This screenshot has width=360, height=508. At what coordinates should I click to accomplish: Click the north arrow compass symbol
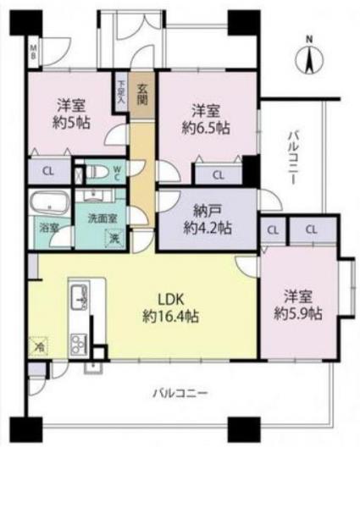309,57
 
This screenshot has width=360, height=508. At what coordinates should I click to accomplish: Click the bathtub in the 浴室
48,204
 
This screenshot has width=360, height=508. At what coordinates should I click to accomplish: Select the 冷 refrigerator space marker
37,345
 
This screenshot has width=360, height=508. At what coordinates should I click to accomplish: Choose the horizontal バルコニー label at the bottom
180,392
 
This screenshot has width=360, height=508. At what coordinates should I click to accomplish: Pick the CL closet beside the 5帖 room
48,171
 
